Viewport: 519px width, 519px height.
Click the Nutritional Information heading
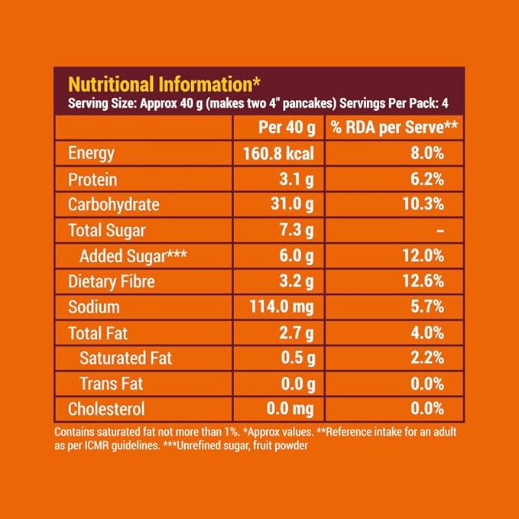(165, 83)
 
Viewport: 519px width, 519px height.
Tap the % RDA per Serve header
(394, 127)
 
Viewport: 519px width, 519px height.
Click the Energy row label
(91, 153)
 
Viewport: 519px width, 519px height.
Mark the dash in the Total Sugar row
(440, 230)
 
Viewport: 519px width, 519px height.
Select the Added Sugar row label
(127, 256)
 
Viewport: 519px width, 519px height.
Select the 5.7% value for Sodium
(428, 307)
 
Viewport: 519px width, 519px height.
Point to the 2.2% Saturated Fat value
(428, 358)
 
